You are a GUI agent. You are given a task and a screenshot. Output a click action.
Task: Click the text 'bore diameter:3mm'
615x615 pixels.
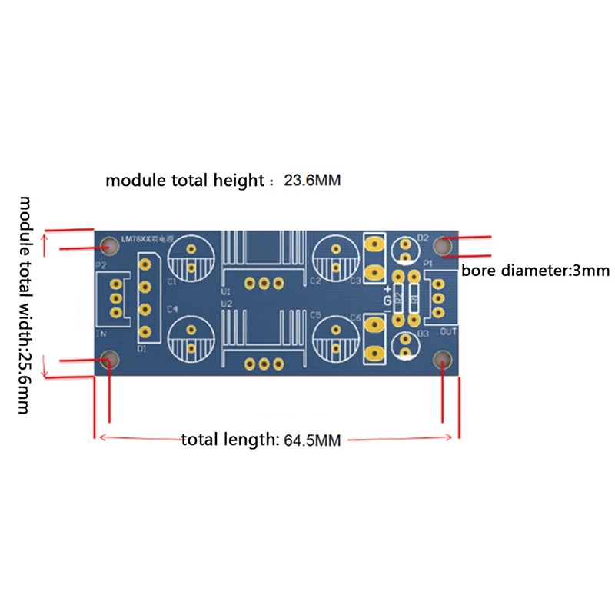[x=535, y=270]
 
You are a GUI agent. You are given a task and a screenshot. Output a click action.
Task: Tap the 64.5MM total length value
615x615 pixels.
[x=312, y=440]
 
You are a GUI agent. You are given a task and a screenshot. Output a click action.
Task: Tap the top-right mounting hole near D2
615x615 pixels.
[x=443, y=246]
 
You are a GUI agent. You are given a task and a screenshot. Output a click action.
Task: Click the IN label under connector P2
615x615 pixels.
[x=101, y=335]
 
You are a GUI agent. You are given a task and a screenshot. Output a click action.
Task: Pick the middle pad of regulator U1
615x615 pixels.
[x=264, y=283]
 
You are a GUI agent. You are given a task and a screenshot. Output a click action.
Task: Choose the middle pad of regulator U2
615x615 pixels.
[x=264, y=364]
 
